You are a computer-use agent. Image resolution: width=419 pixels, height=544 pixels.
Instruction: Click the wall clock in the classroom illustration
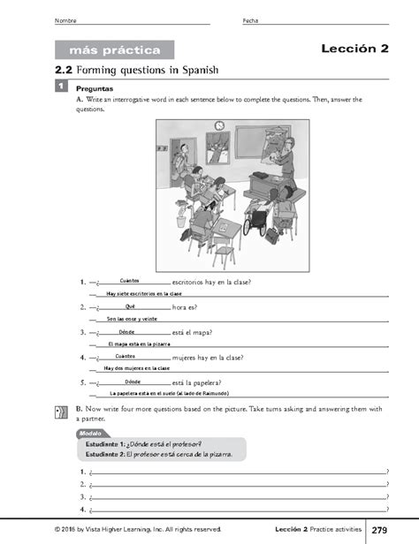[219, 125]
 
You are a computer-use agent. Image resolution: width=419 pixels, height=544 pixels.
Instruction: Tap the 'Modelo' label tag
[89, 434]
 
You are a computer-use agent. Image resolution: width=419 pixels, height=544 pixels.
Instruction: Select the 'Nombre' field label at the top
[65, 20]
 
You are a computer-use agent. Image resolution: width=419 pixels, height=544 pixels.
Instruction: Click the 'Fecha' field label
[249, 20]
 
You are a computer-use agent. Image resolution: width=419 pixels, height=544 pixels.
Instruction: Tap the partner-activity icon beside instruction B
[59, 412]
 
